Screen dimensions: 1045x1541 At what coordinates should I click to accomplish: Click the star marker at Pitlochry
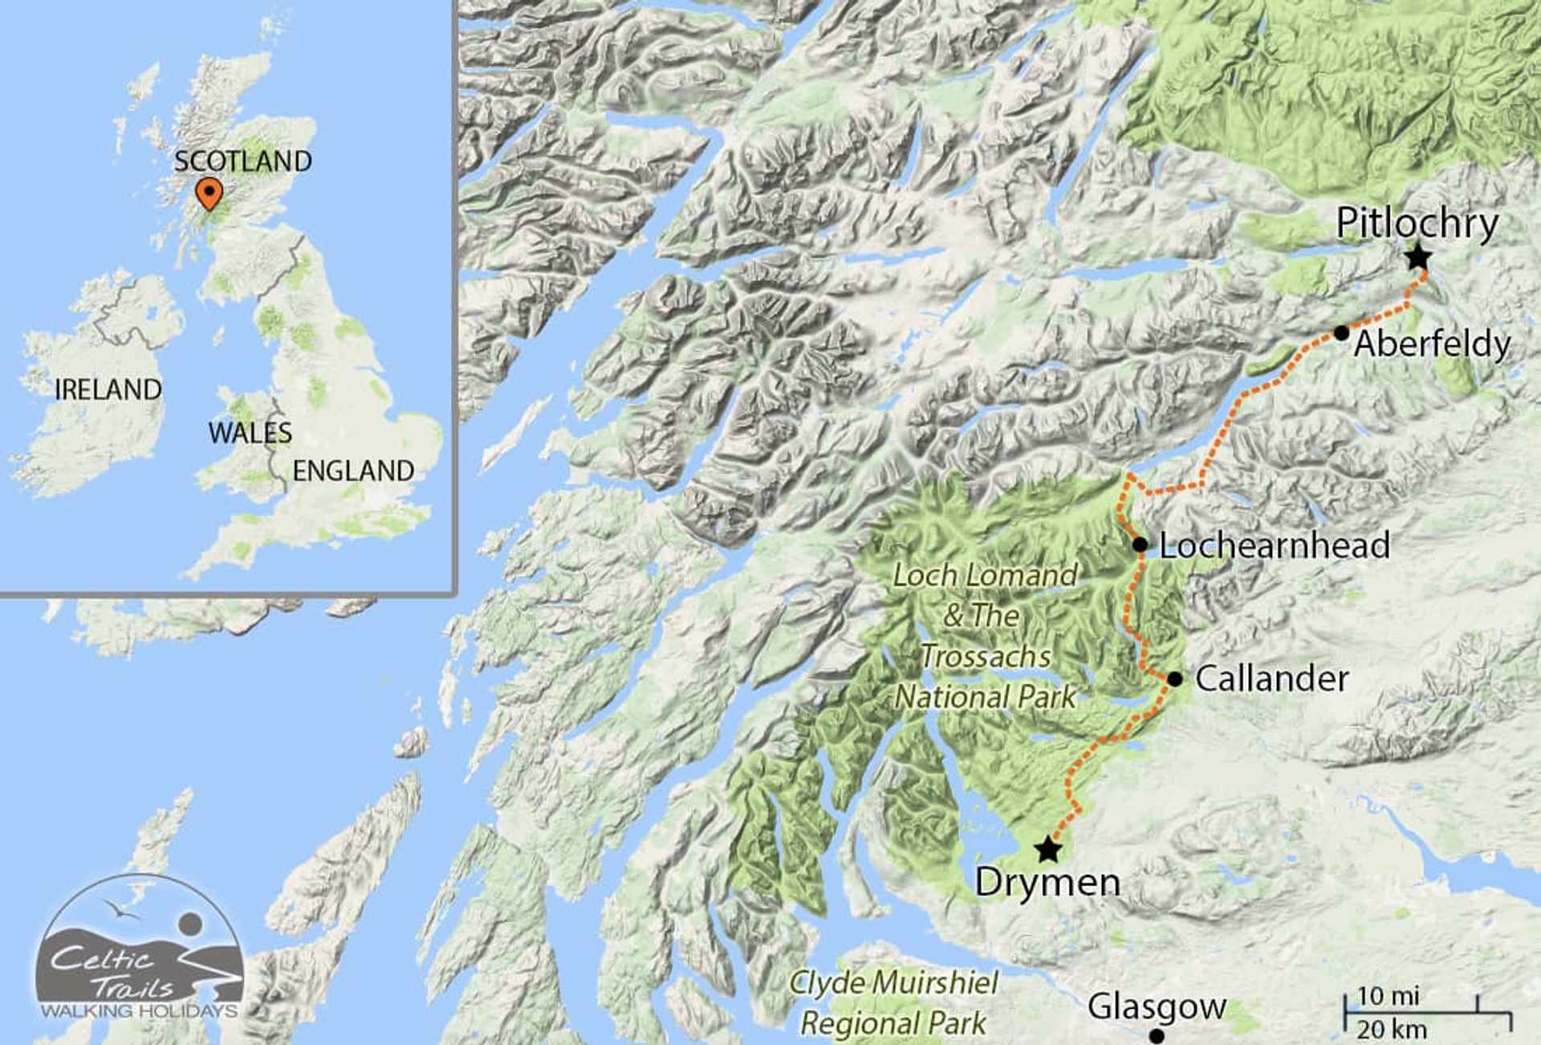click(x=1418, y=258)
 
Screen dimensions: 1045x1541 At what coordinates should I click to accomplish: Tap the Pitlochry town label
click(x=1417, y=223)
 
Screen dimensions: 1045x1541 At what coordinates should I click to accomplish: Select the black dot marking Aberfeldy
click(x=1341, y=333)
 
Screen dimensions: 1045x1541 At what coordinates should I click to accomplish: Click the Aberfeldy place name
click(x=1433, y=344)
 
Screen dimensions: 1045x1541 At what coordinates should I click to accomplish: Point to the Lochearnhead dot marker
click(x=1140, y=545)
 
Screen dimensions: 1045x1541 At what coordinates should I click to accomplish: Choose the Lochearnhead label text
click(x=1275, y=546)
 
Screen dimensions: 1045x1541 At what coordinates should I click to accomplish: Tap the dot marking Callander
click(x=1175, y=679)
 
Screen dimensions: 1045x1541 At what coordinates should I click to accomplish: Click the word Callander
click(x=1271, y=679)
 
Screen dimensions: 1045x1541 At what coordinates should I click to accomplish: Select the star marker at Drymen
click(x=1047, y=849)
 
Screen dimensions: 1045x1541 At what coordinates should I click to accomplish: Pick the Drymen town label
click(x=1047, y=883)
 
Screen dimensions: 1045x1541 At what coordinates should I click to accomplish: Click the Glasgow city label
click(x=1157, y=1006)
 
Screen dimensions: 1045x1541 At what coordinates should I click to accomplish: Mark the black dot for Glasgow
click(x=1157, y=1036)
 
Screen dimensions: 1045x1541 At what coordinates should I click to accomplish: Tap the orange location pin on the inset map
click(x=209, y=193)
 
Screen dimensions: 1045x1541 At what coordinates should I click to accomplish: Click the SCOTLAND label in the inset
click(x=243, y=161)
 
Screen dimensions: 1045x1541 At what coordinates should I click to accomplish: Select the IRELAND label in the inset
click(x=108, y=390)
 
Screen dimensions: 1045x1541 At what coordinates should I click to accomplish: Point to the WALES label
click(x=250, y=433)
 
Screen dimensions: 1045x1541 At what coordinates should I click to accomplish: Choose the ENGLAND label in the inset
click(x=353, y=471)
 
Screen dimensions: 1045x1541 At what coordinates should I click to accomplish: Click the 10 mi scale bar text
click(x=1388, y=996)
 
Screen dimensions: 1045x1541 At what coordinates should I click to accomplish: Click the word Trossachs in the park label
click(x=986, y=657)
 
